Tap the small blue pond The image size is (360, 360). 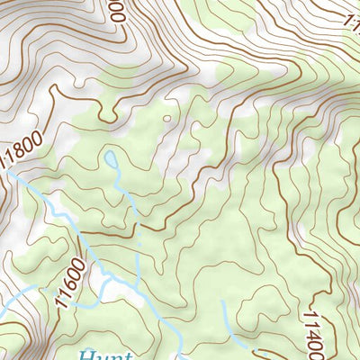pos(110,159)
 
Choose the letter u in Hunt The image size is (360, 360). pos(95,355)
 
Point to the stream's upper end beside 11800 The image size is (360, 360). pos(20,180)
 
